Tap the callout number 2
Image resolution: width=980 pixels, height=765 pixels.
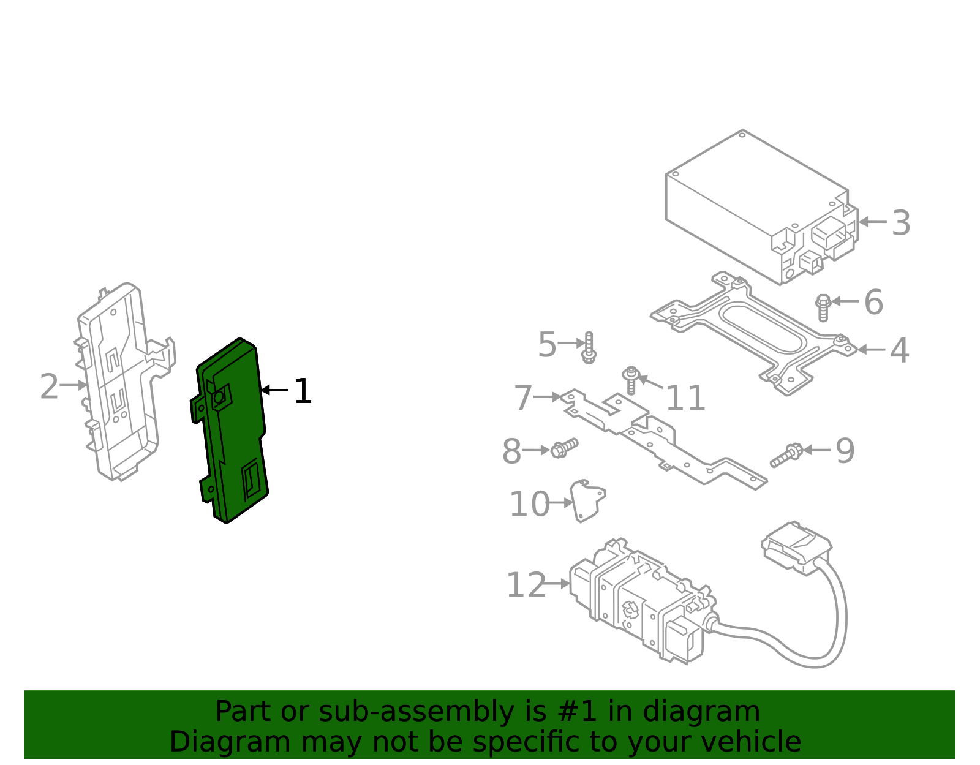tap(49, 387)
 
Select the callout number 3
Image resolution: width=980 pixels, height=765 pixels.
tap(900, 223)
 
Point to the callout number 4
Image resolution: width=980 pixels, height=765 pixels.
tap(899, 351)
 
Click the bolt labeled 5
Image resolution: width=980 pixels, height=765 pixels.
tap(589, 347)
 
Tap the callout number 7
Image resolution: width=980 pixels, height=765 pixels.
tap(522, 398)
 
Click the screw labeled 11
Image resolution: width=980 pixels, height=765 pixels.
tap(631, 380)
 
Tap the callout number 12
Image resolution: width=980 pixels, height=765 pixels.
tap(526, 586)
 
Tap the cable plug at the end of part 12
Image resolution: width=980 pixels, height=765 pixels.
tap(796, 547)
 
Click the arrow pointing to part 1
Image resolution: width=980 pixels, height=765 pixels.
tap(274, 390)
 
